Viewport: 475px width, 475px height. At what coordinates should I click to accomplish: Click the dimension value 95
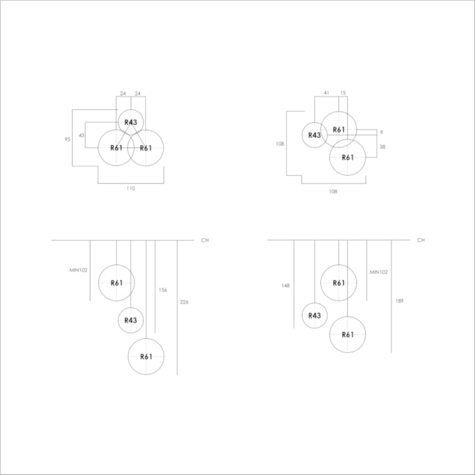tap(67, 139)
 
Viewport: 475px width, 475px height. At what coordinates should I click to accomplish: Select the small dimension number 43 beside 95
tap(82, 136)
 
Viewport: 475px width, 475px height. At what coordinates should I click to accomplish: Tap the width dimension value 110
tap(131, 189)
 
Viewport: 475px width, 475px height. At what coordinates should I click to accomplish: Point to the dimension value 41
tap(326, 93)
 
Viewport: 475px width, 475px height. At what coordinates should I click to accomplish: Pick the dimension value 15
tap(342, 93)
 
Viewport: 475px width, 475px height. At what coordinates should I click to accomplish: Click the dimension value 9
tap(381, 132)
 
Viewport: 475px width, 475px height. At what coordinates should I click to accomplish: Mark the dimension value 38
tap(382, 147)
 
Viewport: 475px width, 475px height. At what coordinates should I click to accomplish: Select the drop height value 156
tap(163, 290)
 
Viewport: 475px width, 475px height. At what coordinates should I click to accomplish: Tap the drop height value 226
tap(184, 302)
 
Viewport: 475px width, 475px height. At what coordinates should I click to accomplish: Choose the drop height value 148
tap(285, 285)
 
